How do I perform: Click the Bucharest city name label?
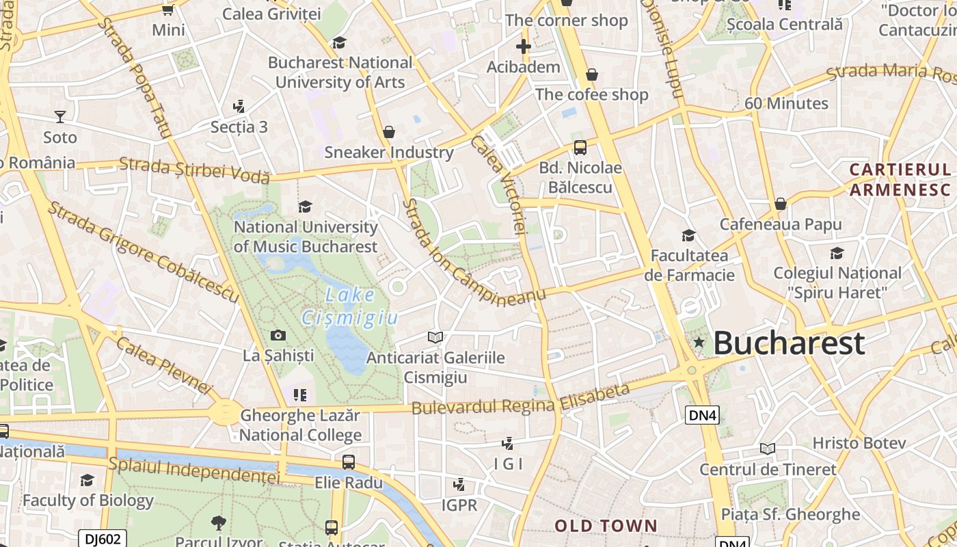pyautogui.click(x=789, y=343)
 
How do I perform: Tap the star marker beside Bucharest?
pyautogui.click(x=699, y=342)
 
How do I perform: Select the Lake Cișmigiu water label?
pyautogui.click(x=350, y=306)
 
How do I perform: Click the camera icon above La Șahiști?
pyautogui.click(x=278, y=335)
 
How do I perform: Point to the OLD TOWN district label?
pyautogui.click(x=606, y=526)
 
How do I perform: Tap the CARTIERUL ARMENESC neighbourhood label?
pyautogui.click(x=900, y=179)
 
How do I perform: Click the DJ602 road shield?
pyautogui.click(x=103, y=539)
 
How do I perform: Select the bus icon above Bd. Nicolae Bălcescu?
pyautogui.click(x=580, y=147)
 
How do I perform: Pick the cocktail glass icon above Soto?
pyautogui.click(x=60, y=116)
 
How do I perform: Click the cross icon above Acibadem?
pyautogui.click(x=524, y=46)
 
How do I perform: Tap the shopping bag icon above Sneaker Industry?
pyautogui.click(x=389, y=131)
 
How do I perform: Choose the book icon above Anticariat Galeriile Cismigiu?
pyautogui.click(x=435, y=336)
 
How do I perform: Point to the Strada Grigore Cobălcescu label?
pyautogui.click(x=143, y=252)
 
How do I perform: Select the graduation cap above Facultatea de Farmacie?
pyautogui.click(x=688, y=235)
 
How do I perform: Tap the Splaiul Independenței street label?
pyautogui.click(x=194, y=470)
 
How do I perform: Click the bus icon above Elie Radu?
pyautogui.click(x=349, y=462)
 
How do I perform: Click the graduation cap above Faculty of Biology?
pyautogui.click(x=87, y=480)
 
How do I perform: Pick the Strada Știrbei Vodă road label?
pyautogui.click(x=194, y=170)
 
